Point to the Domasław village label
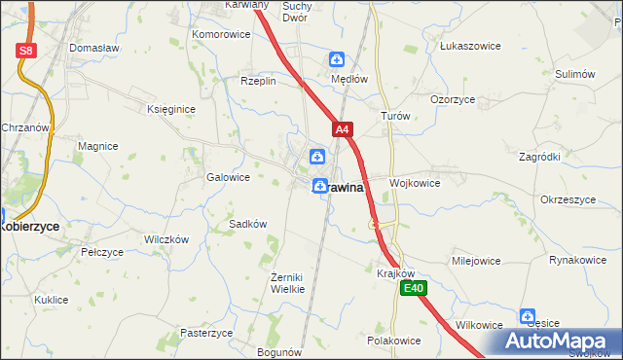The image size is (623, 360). [x=93, y=47]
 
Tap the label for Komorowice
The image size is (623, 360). [x=221, y=34]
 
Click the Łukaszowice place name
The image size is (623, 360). [x=470, y=46]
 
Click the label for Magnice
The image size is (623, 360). [x=98, y=146]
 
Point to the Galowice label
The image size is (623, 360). [x=229, y=178]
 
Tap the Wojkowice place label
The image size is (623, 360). [x=415, y=183]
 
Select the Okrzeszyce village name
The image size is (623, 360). [x=567, y=199]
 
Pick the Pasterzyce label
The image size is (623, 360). [x=207, y=332]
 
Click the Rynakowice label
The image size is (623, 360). [x=577, y=260]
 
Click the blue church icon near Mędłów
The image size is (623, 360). [x=336, y=59]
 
